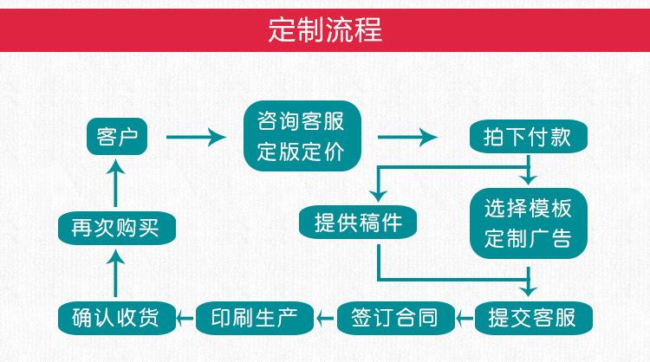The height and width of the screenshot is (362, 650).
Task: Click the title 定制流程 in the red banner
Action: (x=324, y=30)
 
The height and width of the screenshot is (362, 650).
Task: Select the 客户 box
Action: (x=117, y=136)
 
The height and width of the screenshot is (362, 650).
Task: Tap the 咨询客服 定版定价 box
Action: (x=301, y=136)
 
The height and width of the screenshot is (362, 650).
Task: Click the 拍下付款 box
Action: (x=526, y=136)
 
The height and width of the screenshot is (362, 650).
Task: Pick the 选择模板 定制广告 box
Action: (x=527, y=223)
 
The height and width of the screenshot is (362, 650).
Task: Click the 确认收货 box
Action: (x=115, y=317)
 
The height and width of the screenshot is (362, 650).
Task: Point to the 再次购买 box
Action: (x=115, y=228)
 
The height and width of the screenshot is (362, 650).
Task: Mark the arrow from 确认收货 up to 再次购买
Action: (x=116, y=272)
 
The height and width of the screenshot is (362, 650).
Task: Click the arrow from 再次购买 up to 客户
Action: (x=116, y=182)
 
